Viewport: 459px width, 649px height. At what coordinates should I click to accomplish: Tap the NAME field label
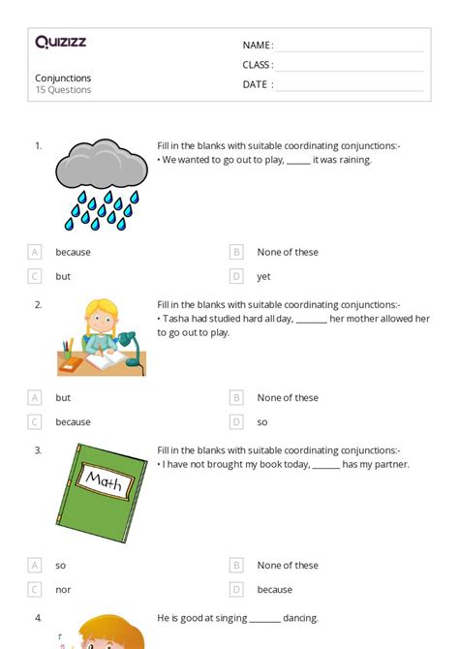257,46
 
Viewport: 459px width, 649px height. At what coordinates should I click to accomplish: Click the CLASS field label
258,65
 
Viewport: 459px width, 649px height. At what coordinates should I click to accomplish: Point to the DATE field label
257,84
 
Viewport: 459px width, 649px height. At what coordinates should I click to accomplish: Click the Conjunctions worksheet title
63,77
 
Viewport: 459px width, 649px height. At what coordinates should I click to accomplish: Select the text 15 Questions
63,90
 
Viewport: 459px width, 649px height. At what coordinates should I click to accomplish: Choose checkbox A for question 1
35,252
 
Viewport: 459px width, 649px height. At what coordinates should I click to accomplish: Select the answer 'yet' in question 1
263,276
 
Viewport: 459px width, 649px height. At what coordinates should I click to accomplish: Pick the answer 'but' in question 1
63,276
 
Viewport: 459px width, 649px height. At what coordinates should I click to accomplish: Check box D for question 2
236,421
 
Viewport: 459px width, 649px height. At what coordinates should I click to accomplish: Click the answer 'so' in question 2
262,421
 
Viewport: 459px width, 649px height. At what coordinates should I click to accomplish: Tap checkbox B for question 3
236,565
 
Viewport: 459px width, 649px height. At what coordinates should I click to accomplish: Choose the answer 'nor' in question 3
63,589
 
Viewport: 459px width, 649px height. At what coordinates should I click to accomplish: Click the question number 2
38,304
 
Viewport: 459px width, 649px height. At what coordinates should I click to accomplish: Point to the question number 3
38,449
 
